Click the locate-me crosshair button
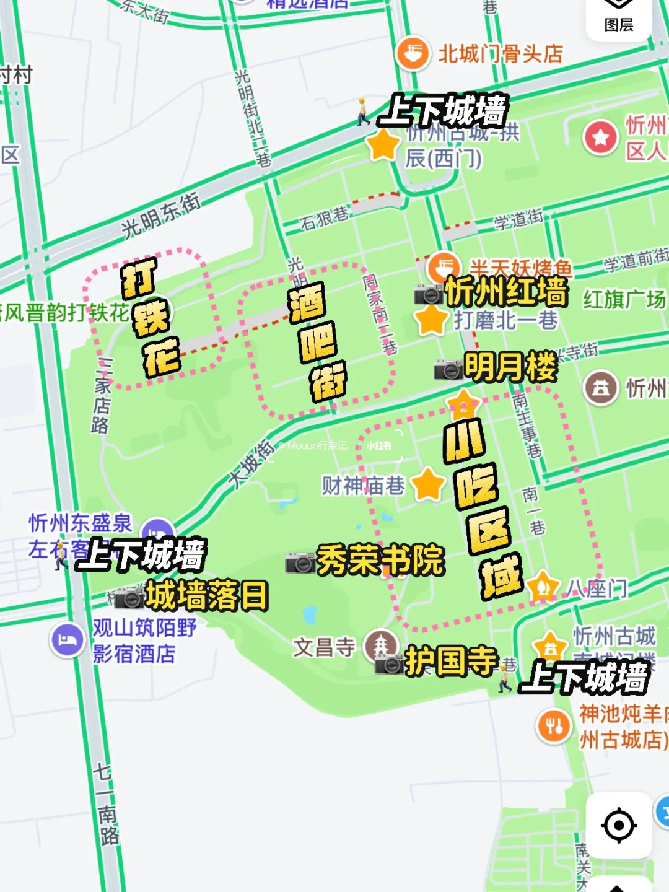click(x=619, y=825)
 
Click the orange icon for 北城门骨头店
click(x=413, y=54)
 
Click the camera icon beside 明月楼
click(x=448, y=369)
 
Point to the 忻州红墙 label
click(x=505, y=291)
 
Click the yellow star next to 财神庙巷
click(x=428, y=484)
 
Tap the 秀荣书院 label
click(x=380, y=560)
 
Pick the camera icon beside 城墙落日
click(x=129, y=598)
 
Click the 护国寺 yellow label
click(x=451, y=660)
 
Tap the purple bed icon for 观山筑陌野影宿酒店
click(x=67, y=639)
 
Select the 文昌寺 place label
click(x=324, y=647)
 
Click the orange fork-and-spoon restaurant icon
click(x=554, y=725)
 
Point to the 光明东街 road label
click(x=160, y=216)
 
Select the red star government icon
click(x=600, y=138)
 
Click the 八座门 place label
click(x=596, y=588)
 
